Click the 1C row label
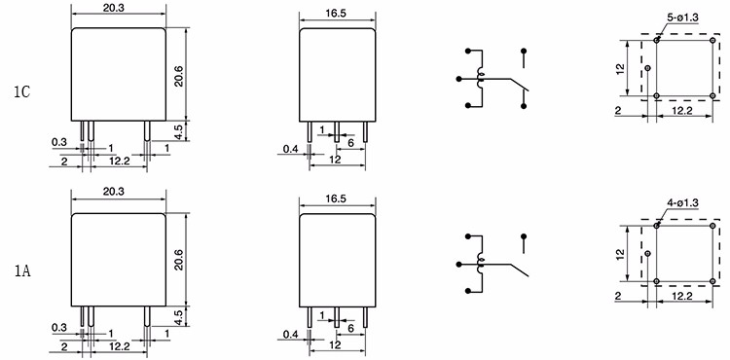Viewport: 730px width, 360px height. click(21, 92)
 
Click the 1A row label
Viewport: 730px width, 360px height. click(21, 271)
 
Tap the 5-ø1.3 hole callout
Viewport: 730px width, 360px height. click(683, 18)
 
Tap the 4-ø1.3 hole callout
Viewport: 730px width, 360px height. click(682, 202)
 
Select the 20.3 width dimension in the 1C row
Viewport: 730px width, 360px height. click(119, 9)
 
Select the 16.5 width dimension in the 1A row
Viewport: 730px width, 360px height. click(336, 198)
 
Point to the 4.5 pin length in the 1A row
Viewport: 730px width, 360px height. click(179, 315)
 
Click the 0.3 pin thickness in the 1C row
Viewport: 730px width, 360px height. click(59, 142)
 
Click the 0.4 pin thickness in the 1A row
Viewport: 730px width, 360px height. click(291, 334)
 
